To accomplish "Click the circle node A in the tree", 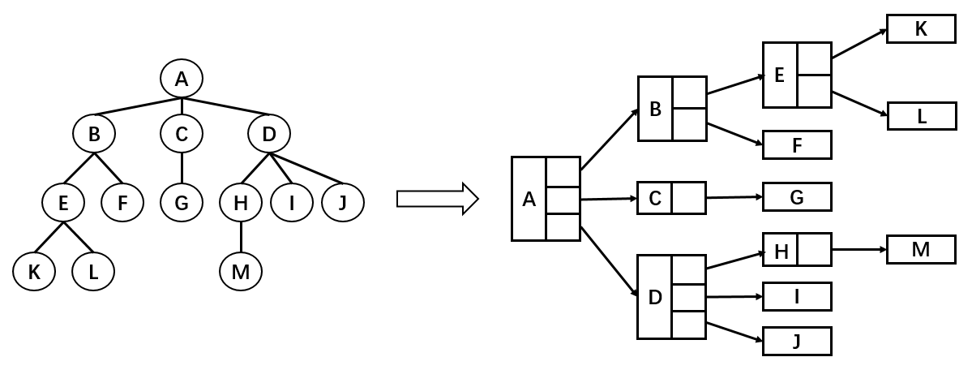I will [x=182, y=79].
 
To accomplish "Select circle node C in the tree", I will [x=181, y=135].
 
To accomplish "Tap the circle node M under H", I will [x=241, y=273].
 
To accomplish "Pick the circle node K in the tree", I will [x=34, y=273].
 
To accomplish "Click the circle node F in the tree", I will [x=122, y=203].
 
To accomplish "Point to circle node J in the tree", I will [x=342, y=203].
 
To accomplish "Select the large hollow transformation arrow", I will [x=436, y=199].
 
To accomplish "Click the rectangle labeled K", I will [x=921, y=29].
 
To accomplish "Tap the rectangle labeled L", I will [x=921, y=116].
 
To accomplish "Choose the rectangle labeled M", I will [x=921, y=249].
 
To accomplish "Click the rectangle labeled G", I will [x=797, y=196].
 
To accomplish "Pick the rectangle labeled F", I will [x=797, y=145].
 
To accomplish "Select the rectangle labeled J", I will [x=797, y=341].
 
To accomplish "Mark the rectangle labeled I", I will [x=797, y=297].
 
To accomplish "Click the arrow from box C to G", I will [x=734, y=196].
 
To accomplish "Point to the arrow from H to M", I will [x=859, y=249].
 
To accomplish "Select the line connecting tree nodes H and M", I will [x=241, y=238].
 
